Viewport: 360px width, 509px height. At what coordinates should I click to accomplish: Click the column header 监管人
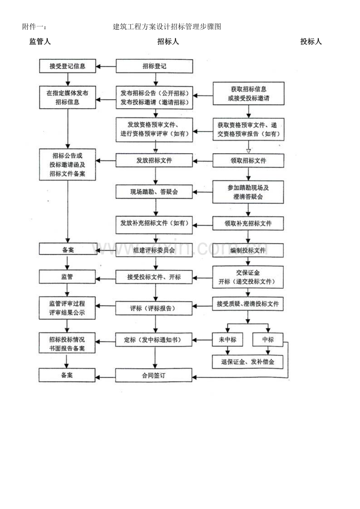coord(40,41)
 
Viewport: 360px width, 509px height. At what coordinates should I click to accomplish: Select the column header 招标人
coord(168,41)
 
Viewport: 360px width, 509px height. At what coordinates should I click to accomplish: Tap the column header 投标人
coord(311,41)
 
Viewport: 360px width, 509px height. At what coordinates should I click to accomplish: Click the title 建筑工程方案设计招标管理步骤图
coord(167,27)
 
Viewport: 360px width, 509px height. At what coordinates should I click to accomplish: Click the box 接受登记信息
coord(68,66)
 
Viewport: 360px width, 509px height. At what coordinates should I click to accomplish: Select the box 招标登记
coord(155,66)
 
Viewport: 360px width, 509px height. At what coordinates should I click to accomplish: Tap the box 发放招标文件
coord(154,160)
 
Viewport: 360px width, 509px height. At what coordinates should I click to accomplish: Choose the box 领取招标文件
coord(248,161)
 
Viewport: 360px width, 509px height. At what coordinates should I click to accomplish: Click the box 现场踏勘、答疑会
coord(154,192)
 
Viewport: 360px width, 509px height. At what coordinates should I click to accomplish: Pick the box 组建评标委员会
coord(154,250)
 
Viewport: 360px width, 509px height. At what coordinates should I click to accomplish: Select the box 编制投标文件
coord(248,250)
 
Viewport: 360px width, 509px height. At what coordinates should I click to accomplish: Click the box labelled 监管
coord(67,276)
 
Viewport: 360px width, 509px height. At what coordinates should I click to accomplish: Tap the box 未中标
coord(227,339)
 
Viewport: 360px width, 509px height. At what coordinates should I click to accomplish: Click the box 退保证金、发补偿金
coord(248,362)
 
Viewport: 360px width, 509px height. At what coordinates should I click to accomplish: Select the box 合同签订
coord(154,375)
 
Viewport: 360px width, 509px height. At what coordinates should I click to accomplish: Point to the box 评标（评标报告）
coord(154,308)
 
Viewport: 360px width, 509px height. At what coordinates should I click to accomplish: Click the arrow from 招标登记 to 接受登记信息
coord(106,66)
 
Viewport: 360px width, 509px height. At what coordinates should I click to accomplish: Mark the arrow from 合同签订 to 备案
coord(105,377)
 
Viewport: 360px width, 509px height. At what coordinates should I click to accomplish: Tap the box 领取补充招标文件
coord(248,223)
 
